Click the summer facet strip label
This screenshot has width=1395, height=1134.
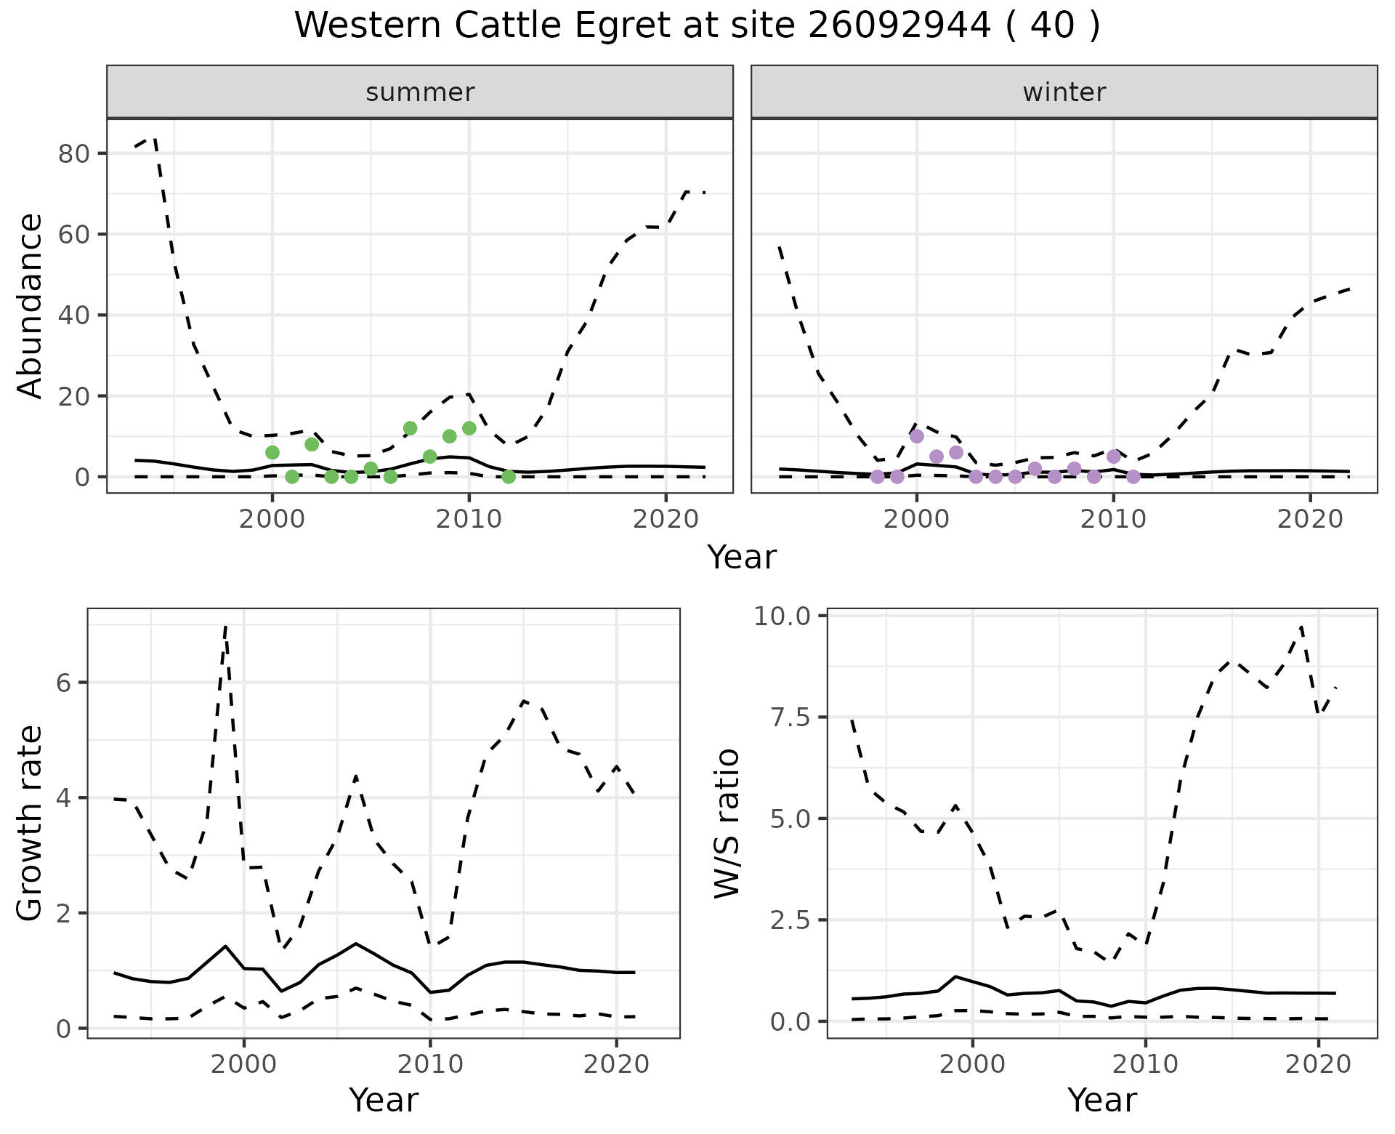tap(420, 92)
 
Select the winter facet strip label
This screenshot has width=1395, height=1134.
tap(1064, 92)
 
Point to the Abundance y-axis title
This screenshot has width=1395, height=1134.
tap(31, 306)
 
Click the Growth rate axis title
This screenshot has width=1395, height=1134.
tap(31, 824)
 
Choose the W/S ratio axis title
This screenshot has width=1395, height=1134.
tap(727, 824)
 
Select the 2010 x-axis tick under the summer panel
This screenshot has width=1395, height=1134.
tap(469, 519)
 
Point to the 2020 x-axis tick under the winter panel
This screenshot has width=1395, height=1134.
tap(1310, 519)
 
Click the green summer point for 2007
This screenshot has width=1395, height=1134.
tap(410, 428)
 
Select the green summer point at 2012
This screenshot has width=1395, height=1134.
tap(509, 477)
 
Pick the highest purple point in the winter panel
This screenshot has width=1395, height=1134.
tap(917, 436)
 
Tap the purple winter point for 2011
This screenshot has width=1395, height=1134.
tap(1133, 477)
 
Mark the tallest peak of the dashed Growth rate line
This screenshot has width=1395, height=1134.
tap(226, 626)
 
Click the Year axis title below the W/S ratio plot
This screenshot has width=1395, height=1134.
tap(1101, 1101)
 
